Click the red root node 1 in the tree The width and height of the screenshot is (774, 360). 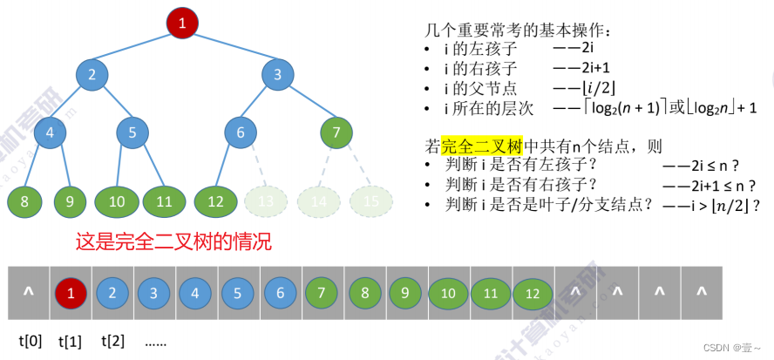coord(182,23)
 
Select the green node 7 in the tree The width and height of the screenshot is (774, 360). coord(336,132)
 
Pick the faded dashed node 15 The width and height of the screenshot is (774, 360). coord(371,201)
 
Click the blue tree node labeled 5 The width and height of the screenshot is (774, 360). coord(132,132)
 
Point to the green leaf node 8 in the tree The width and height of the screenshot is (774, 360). coord(24,201)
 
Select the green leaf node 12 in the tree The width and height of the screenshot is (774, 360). coord(216,201)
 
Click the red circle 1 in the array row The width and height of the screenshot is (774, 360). coord(71,293)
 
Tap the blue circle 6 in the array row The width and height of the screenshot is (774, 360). coord(281,293)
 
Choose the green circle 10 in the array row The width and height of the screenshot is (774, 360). coord(448,293)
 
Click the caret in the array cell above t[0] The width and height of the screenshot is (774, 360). coord(29,292)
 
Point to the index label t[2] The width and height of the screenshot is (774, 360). coord(113,340)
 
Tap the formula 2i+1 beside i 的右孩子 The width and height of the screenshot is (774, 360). coord(576,67)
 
